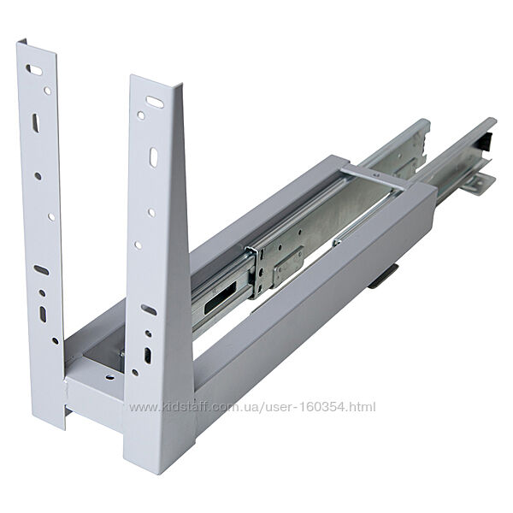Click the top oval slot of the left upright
pos(33,70)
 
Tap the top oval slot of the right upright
pos(155,102)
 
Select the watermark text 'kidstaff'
pos(186,407)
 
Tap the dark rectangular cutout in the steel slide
pos(221,297)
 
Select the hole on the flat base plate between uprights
pos(110,377)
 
